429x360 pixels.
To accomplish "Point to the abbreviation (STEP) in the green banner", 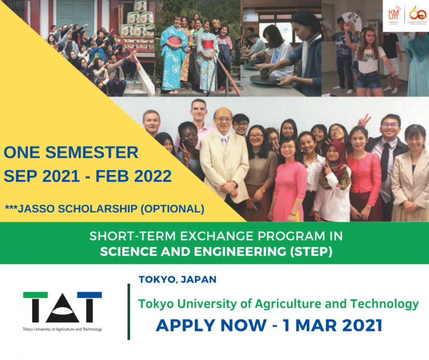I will pyautogui.click(x=311, y=252).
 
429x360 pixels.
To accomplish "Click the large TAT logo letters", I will pyautogui.click(x=63, y=307).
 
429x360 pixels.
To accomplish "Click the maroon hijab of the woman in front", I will pyautogui.click(x=335, y=157).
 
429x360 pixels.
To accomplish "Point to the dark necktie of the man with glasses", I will pyautogui.click(x=385, y=163).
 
